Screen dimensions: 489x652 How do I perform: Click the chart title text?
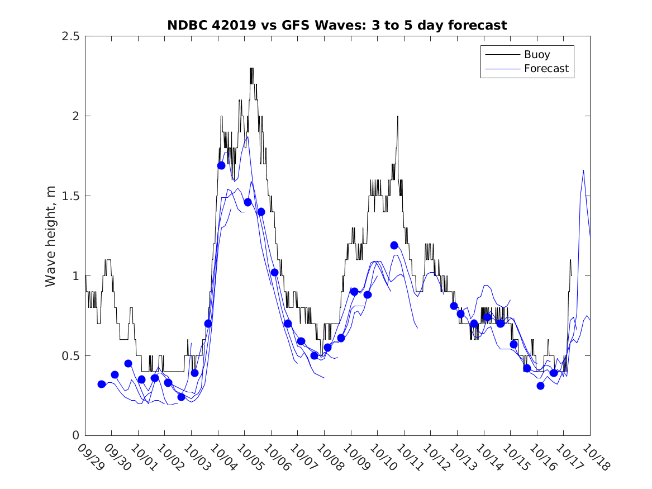coord(337,25)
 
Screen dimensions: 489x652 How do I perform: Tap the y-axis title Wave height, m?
coord(51,235)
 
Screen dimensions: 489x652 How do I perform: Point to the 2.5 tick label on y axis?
coord(70,36)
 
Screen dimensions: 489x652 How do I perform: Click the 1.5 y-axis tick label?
coord(70,196)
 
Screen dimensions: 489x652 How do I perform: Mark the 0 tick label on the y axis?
coord(75,436)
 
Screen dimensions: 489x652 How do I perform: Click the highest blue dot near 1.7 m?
coord(221,165)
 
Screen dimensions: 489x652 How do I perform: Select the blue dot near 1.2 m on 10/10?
coord(394,245)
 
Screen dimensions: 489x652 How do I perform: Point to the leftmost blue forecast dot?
coord(101,384)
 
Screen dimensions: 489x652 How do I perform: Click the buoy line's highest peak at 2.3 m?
coord(251,69)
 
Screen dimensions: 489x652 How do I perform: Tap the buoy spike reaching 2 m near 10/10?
coord(398,116)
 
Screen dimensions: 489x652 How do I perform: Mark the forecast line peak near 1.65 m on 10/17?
coord(583,170)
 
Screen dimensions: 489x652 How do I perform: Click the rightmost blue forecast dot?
coord(554,373)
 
